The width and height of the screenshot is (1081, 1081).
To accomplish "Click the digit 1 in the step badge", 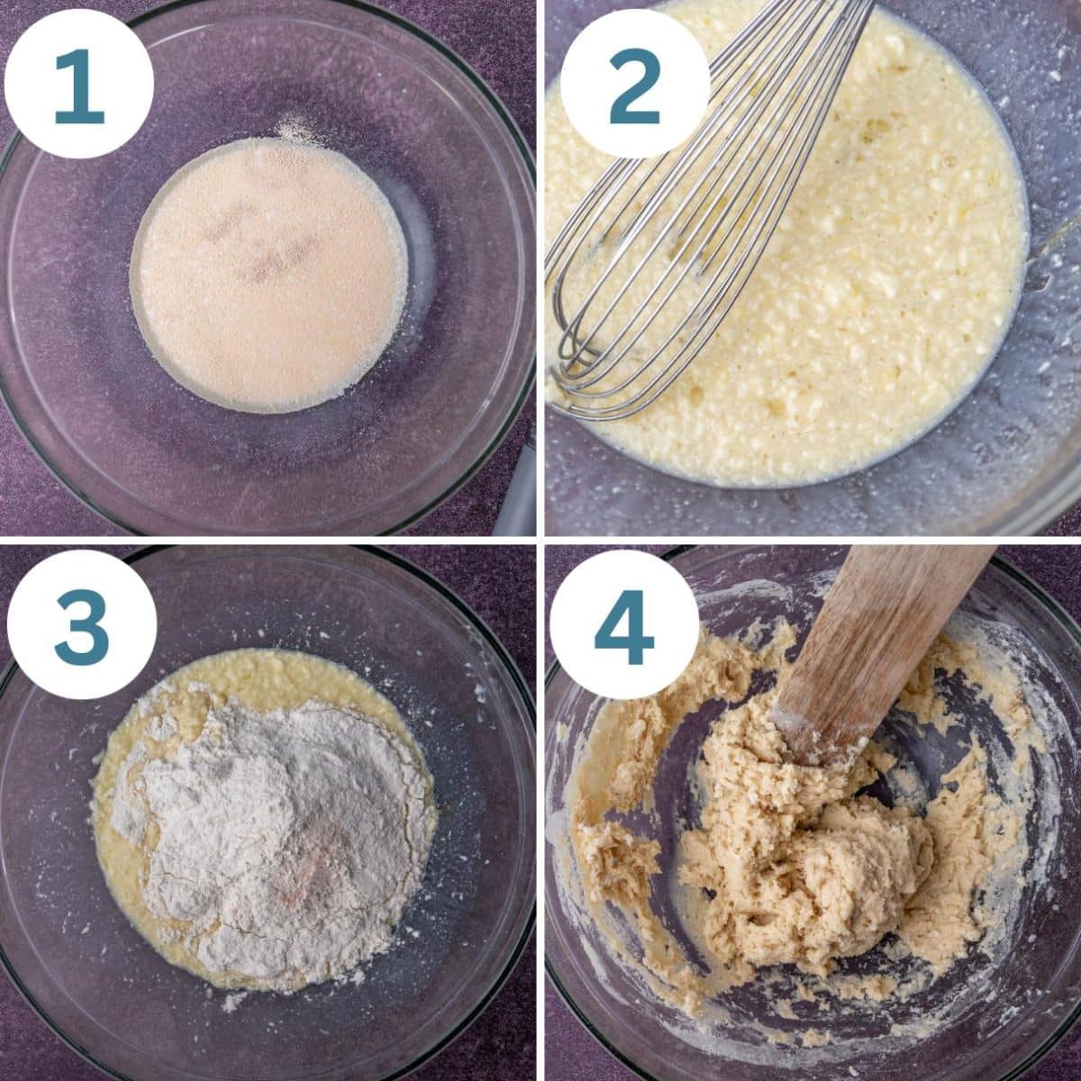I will tap(79, 86).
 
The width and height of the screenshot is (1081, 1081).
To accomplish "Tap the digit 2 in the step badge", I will tap(634, 86).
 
